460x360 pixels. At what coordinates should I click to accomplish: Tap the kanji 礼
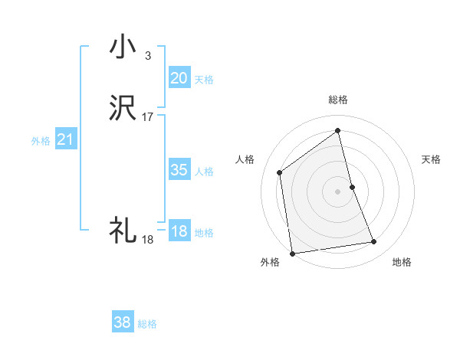(x=123, y=230)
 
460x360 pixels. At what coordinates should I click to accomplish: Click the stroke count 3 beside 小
(x=147, y=55)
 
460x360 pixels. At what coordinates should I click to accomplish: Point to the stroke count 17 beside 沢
(x=148, y=117)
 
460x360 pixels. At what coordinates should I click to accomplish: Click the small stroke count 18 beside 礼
(x=147, y=239)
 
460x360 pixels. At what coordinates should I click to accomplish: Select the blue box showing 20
(x=179, y=77)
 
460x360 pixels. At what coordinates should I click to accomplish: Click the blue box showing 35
(x=179, y=170)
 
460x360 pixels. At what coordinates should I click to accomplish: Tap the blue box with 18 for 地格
(x=179, y=231)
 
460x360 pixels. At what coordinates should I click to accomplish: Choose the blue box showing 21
(x=65, y=139)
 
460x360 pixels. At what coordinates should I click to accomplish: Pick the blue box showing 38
(x=123, y=322)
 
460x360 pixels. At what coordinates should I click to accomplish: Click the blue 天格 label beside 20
(x=203, y=79)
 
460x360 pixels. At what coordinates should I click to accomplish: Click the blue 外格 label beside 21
(x=41, y=141)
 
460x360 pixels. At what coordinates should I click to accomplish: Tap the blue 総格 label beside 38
(x=147, y=324)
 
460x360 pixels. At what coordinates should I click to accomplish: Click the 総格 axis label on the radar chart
(x=338, y=100)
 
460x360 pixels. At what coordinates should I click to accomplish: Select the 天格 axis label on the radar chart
(x=432, y=159)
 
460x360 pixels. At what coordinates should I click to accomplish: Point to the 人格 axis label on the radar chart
(x=245, y=159)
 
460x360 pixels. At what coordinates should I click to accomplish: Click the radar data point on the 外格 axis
(x=291, y=253)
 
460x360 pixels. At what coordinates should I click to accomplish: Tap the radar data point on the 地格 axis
(x=374, y=242)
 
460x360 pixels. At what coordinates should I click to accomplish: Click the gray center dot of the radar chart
(x=338, y=191)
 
